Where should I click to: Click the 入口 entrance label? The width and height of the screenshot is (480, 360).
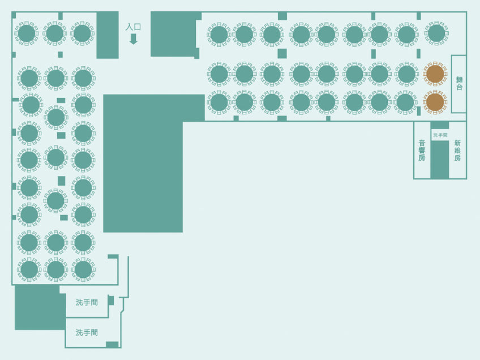pyautogui.click(x=133, y=27)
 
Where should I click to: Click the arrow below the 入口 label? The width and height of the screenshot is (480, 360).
pyautogui.click(x=133, y=39)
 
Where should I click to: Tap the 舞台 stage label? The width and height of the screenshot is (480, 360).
pyautogui.click(x=459, y=84)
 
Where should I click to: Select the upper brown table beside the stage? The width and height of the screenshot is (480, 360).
pyautogui.click(x=435, y=74)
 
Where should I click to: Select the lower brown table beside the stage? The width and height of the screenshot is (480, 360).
pyautogui.click(x=435, y=102)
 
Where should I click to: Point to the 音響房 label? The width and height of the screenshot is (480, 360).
pyautogui.click(x=422, y=151)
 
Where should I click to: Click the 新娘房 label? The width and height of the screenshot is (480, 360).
pyautogui.click(x=457, y=151)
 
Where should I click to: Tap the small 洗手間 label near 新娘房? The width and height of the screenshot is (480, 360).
pyautogui.click(x=440, y=135)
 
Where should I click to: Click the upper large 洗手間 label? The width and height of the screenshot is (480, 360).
pyautogui.click(x=87, y=302)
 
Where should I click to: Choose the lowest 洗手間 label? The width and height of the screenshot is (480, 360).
pyautogui.click(x=87, y=332)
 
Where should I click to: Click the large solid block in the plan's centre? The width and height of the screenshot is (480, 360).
pyautogui.click(x=143, y=163)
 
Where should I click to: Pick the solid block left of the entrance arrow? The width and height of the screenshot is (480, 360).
pyautogui.click(x=108, y=35)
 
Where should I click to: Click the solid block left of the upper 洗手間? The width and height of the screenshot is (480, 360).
pyautogui.click(x=40, y=307)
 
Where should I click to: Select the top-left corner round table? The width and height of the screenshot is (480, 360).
pyautogui.click(x=27, y=33)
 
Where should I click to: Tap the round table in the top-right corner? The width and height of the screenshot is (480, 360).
pyautogui.click(x=436, y=33)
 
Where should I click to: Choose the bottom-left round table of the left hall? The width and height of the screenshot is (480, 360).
pyautogui.click(x=29, y=269)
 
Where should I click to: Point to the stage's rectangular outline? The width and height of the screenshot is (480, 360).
pyautogui.click(x=452, y=84)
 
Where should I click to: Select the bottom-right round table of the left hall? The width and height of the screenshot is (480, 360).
pyautogui.click(x=83, y=269)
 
